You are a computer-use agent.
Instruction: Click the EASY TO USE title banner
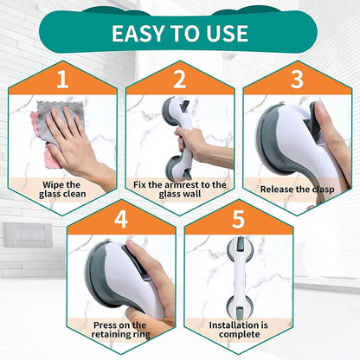point(179,33)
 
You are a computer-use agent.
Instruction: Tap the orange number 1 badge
point(61,81)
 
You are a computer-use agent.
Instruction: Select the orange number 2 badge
point(179,81)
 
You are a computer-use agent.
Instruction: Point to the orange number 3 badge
point(297,81)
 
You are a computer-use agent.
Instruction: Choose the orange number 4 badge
point(120,217)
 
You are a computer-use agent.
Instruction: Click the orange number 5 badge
point(238,217)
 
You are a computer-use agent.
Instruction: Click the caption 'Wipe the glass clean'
point(61,189)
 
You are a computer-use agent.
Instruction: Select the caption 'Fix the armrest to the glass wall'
point(179,189)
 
